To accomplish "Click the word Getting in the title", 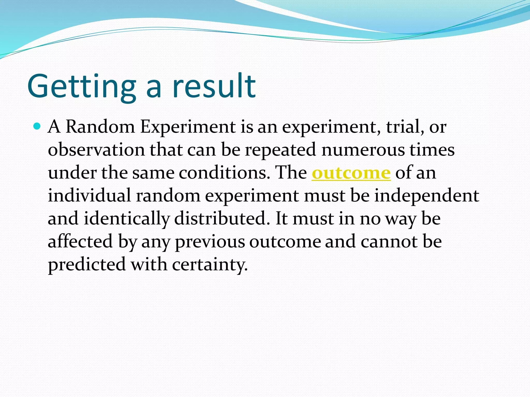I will point(82,87).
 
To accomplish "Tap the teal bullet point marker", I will point(37,126).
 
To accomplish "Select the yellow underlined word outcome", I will point(351,173).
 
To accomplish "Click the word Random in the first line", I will point(100,127).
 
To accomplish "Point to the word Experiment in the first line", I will point(188,127).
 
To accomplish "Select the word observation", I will point(96,150).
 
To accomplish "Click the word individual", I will point(89,195).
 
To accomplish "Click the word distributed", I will point(220,218).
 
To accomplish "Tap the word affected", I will point(80,241).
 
